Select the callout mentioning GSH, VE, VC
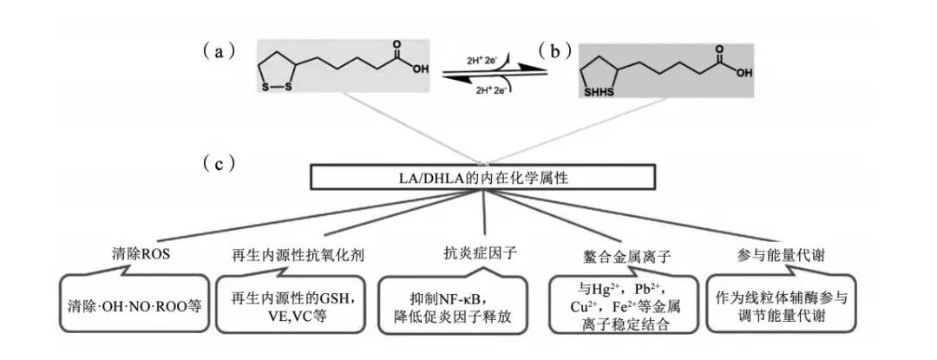pos(288,305)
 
